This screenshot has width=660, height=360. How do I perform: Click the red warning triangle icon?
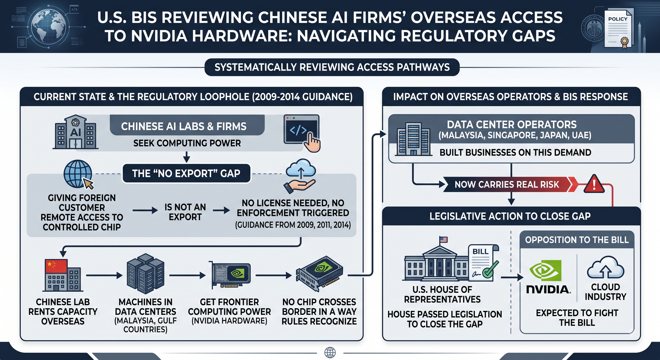594,184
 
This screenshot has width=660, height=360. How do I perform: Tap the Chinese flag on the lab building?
56,266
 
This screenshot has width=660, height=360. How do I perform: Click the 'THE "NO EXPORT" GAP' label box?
186,173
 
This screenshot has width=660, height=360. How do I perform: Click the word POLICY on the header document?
618,19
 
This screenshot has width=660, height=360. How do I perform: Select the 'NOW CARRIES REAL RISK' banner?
508,184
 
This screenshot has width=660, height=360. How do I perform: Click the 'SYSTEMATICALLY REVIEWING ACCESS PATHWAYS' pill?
332,67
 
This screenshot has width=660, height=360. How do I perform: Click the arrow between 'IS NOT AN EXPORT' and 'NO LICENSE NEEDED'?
221,210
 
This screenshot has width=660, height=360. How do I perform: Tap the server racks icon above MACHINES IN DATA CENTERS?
146,274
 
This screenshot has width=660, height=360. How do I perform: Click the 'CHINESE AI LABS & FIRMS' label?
184,126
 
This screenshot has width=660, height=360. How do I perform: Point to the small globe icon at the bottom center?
330,352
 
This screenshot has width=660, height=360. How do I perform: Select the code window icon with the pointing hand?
302,133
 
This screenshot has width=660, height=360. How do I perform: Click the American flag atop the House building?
444,240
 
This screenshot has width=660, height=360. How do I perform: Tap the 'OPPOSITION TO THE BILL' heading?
577,240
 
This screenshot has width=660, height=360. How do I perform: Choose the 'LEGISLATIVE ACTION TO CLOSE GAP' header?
510,216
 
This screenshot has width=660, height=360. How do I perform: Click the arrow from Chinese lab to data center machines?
105,275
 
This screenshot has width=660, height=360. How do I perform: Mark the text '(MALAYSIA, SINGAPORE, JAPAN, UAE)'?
515,135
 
